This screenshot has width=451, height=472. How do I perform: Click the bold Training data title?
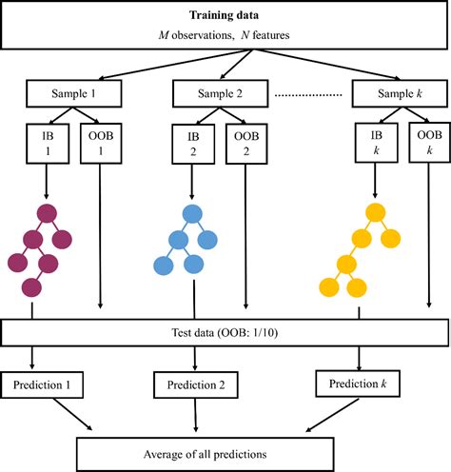point(226,16)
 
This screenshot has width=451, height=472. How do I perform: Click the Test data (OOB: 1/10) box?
point(226,333)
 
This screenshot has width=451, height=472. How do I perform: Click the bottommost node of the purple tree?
point(32,286)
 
